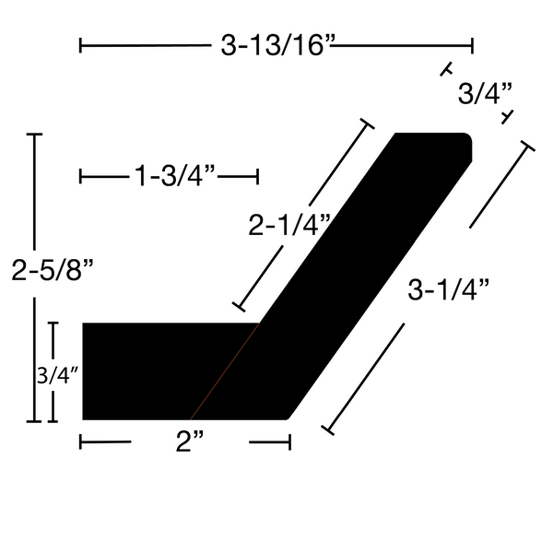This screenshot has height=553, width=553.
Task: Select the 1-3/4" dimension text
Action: [174, 176]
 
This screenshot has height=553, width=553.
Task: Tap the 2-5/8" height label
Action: [53, 270]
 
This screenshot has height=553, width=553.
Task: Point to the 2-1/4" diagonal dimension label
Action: [289, 225]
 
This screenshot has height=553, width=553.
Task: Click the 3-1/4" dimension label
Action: [449, 290]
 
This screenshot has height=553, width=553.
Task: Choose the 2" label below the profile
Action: [190, 441]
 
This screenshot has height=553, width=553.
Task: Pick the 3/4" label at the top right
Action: [485, 94]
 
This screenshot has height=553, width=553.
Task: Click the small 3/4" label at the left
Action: [57, 375]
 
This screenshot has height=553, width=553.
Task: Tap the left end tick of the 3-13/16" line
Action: [81, 45]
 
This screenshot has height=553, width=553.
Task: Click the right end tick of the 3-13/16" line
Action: [472, 45]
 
